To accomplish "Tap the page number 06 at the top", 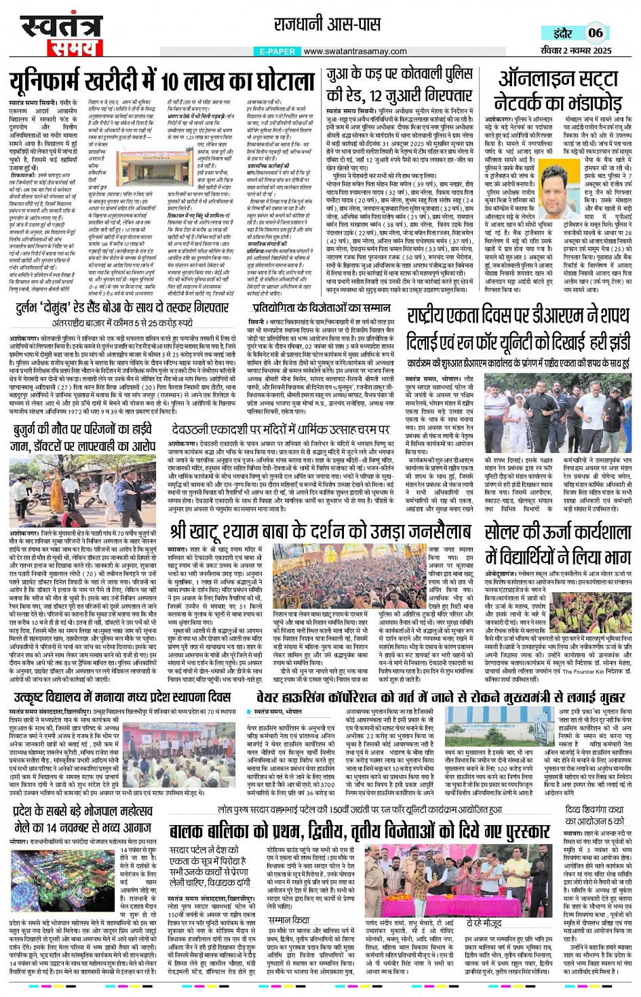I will coord(596,33).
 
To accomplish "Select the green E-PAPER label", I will coord(277,51).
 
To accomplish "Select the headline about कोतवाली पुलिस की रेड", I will coord(400,84).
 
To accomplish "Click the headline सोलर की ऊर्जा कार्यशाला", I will coord(558,543).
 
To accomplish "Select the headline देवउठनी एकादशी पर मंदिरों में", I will coord(281,429).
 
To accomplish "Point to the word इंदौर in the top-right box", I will coord(562,33).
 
